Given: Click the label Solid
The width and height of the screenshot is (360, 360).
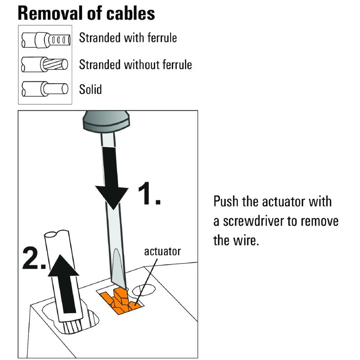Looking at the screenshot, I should point(90,89).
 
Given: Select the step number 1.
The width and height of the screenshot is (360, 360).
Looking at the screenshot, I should point(148,195).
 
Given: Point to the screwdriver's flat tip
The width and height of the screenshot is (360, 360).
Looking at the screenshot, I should point(118,281).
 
